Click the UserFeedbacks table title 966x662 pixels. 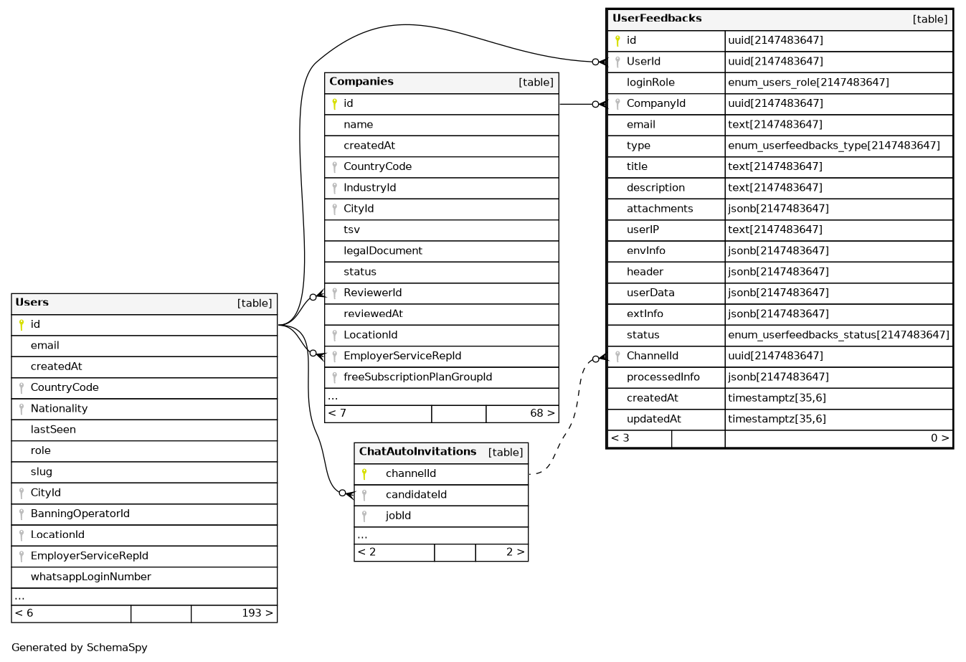tap(657, 19)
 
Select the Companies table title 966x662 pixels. tap(361, 82)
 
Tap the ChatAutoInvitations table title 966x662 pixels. tap(417, 452)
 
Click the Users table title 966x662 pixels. tap(32, 303)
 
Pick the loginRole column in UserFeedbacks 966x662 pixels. tap(650, 82)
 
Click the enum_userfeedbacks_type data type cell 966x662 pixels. tap(833, 146)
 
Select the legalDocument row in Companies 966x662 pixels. tap(383, 251)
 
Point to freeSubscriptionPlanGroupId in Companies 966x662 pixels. tap(417, 377)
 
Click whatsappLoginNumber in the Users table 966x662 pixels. tap(91, 577)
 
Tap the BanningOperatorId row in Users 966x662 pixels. tap(80, 514)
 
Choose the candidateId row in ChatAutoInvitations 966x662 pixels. tap(416, 495)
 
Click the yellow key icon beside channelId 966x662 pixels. tap(364, 474)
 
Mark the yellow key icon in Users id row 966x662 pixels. tap(22, 325)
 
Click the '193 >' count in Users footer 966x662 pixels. tap(257, 614)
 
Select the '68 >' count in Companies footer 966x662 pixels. tap(541, 414)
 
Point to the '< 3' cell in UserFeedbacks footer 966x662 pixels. tap(620, 438)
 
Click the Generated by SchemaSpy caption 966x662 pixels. tap(80, 648)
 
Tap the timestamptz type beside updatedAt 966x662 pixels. tap(777, 420)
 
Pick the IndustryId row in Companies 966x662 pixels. tap(369, 188)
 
